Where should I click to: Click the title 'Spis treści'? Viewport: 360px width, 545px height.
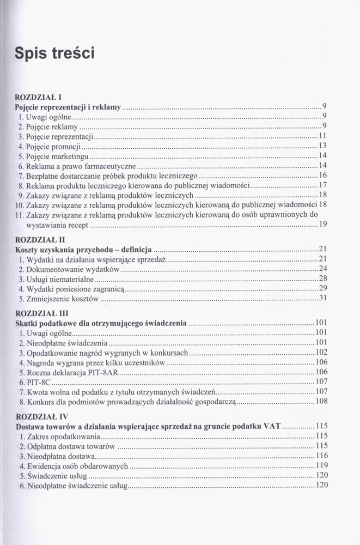(x=55, y=53)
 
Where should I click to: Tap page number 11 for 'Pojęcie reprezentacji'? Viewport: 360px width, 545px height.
(x=322, y=136)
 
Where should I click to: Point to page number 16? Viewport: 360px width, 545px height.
(x=322, y=175)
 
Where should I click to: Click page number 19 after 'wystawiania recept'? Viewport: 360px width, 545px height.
(x=322, y=225)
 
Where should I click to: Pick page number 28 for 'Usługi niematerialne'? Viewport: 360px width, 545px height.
(x=322, y=278)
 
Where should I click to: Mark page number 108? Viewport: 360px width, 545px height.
(x=321, y=402)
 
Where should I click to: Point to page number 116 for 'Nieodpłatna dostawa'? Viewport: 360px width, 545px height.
(x=321, y=456)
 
